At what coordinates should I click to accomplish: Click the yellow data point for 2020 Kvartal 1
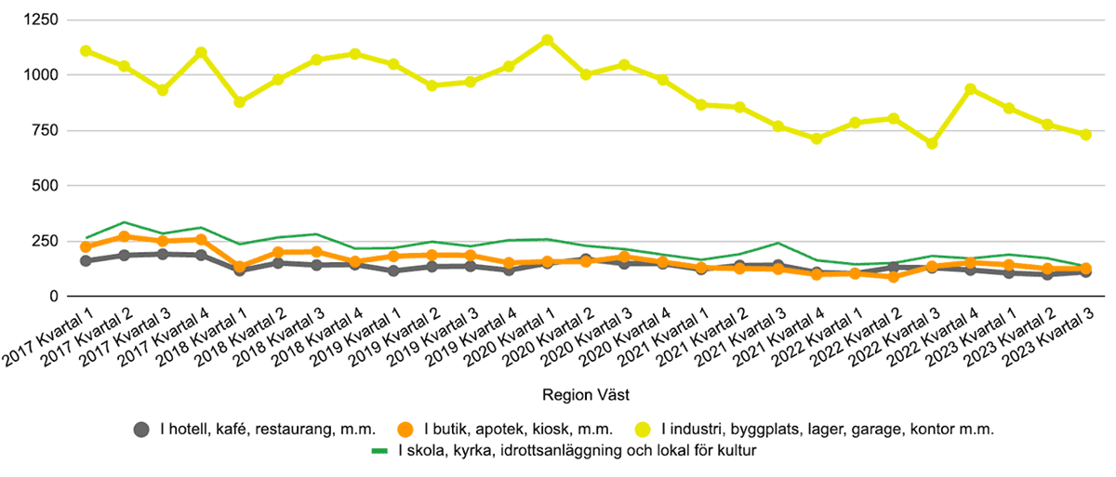[547, 40]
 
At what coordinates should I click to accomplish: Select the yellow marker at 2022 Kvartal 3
[932, 144]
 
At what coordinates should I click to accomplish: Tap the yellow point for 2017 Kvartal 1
[86, 50]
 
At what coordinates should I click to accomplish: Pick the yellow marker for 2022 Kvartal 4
[970, 89]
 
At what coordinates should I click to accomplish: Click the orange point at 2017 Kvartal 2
[124, 236]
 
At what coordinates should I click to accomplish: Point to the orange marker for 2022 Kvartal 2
[894, 276]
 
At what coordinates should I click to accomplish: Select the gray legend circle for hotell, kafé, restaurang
[142, 430]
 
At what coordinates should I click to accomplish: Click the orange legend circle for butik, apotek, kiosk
[405, 430]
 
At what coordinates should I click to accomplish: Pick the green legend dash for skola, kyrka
[379, 452]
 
